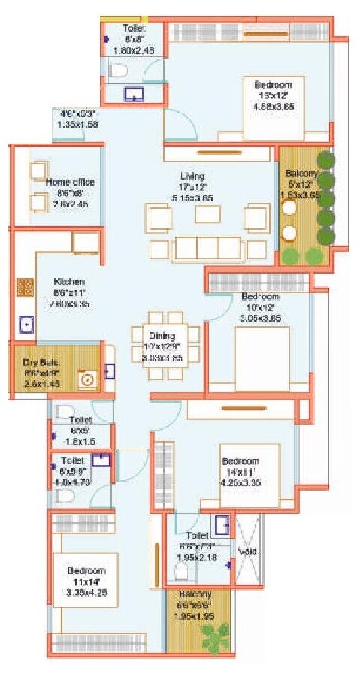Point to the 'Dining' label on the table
[x=162, y=336]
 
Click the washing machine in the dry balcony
[x=87, y=381]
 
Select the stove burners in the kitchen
[x=24, y=287]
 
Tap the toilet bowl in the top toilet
[x=116, y=71]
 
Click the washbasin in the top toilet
[x=135, y=95]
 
